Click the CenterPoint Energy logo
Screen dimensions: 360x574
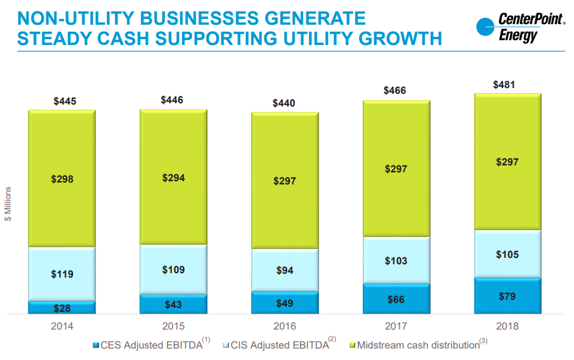point(520,29)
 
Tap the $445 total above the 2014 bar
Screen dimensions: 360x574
point(62,101)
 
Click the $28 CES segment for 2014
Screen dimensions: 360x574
point(62,307)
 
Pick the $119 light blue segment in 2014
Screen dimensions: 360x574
point(62,274)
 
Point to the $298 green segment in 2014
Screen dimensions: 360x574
point(62,179)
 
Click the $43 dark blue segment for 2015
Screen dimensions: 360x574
point(173,304)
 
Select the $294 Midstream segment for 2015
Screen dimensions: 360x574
point(173,177)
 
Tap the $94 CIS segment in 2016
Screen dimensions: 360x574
point(285,270)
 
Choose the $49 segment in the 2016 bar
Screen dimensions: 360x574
point(285,303)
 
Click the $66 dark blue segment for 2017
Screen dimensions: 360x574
point(396,299)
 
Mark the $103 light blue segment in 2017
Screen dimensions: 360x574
point(396,260)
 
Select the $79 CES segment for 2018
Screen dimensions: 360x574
point(507,296)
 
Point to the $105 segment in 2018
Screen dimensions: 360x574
point(507,254)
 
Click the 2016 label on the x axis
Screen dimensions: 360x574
point(285,326)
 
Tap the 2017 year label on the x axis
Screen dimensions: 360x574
point(396,326)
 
